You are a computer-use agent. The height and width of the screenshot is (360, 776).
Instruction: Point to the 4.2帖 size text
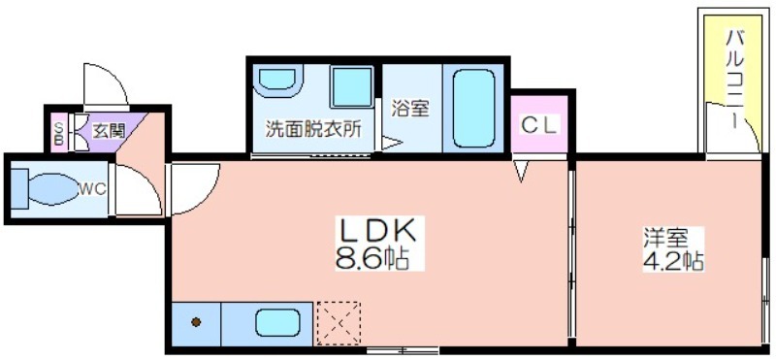point(673,260)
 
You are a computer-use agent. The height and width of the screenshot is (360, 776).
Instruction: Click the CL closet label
point(539,124)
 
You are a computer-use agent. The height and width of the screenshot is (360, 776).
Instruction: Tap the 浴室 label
point(409,109)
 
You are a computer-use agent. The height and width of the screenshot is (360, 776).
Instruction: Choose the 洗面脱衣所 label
point(313,129)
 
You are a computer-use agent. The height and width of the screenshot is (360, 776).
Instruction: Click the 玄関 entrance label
point(110,131)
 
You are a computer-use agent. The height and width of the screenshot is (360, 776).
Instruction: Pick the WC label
point(93,189)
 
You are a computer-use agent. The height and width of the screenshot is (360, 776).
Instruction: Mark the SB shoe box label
point(58,132)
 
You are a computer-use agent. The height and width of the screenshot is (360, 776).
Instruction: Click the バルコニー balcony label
point(734,80)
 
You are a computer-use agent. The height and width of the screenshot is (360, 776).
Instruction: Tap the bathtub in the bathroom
point(473,109)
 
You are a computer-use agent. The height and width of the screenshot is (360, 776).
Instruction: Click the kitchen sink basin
point(278,323)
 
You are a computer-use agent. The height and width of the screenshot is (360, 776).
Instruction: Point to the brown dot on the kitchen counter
point(196,322)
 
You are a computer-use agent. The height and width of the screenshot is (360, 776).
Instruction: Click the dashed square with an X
point(339,323)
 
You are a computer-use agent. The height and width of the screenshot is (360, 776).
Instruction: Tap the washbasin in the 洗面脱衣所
point(277,81)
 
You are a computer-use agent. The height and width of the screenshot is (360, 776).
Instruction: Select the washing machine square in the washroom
point(352,87)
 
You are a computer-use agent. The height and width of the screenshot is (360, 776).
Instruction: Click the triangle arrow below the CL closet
point(521,171)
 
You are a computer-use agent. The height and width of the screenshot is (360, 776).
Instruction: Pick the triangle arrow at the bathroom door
point(392,143)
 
